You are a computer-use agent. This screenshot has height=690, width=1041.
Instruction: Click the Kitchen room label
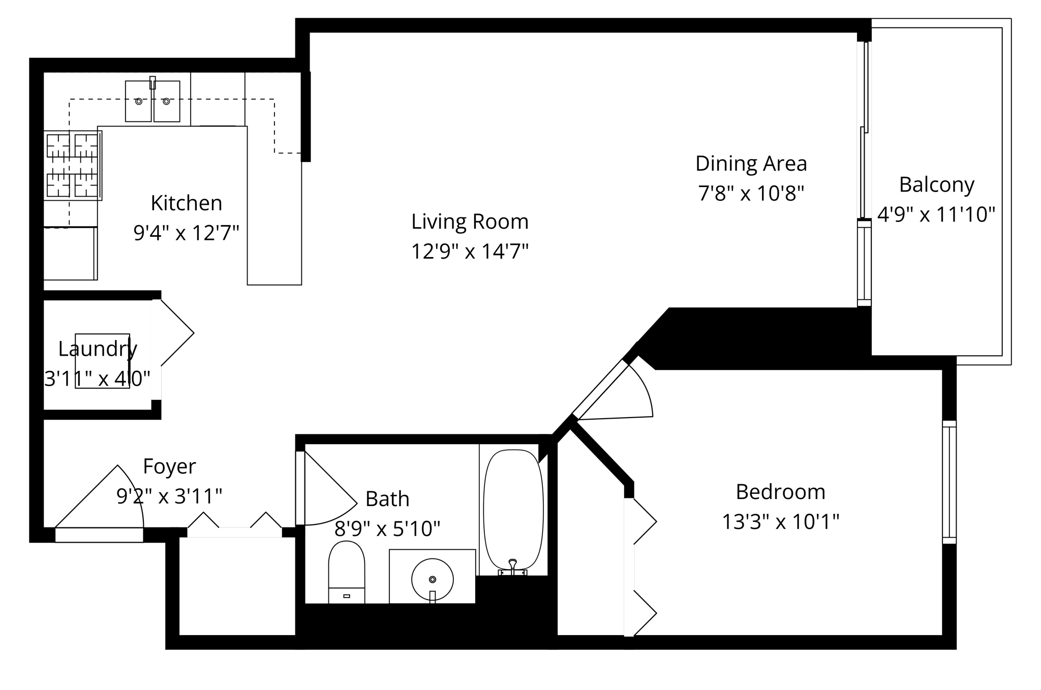[186, 203]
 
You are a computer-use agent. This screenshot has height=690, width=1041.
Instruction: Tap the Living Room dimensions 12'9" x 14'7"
[470, 252]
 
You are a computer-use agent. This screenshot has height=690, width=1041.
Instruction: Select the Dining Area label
[751, 164]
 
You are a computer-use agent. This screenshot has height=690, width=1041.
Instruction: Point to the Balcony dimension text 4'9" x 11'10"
[936, 214]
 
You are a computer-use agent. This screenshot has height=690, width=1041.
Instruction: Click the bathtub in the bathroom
[513, 508]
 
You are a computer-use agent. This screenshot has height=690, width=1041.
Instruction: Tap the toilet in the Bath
[346, 572]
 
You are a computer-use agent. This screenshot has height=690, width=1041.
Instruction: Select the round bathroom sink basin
[432, 579]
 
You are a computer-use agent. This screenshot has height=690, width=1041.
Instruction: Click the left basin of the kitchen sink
[138, 102]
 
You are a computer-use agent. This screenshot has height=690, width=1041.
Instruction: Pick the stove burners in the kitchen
[72, 165]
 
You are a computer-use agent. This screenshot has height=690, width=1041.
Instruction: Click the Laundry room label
[98, 349]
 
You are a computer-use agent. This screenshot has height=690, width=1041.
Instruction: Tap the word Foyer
[169, 466]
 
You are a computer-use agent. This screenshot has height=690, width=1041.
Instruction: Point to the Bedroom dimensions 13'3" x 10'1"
[780, 522]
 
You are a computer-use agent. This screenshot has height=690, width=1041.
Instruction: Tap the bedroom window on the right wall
[949, 482]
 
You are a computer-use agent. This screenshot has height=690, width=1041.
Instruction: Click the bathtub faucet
[512, 566]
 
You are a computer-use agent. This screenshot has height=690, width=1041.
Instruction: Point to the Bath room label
[387, 499]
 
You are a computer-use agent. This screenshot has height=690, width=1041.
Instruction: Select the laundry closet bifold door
[173, 333]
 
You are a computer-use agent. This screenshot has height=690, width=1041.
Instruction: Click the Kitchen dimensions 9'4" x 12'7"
[186, 233]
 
